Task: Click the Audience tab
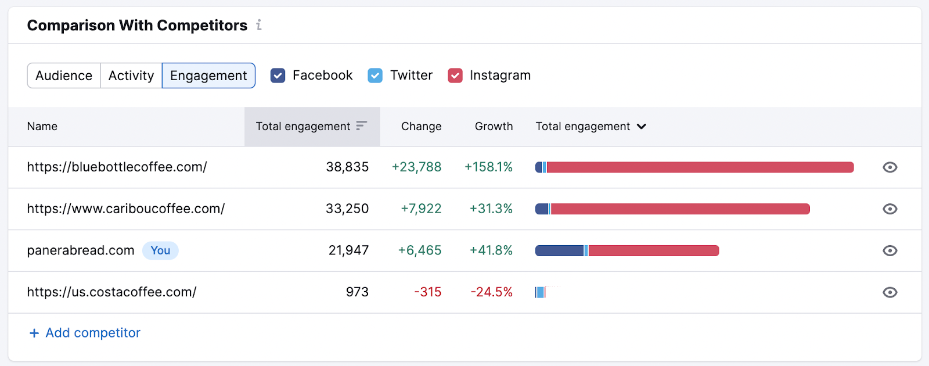(64, 76)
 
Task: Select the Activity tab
(131, 76)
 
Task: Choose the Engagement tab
(208, 76)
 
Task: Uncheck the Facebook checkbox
(278, 76)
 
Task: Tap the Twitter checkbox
(375, 76)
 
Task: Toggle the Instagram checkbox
(455, 76)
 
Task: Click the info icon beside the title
(259, 25)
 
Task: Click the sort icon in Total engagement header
(362, 125)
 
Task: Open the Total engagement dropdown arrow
(642, 127)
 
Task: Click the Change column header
(421, 127)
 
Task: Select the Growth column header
(494, 127)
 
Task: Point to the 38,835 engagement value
(347, 167)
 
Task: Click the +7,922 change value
(421, 209)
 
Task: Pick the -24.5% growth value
(491, 292)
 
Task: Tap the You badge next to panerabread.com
(160, 250)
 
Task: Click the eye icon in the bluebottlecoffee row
(890, 167)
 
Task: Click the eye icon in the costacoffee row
(890, 292)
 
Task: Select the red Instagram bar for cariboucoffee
(679, 209)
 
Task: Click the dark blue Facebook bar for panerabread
(559, 251)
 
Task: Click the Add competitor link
(85, 333)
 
